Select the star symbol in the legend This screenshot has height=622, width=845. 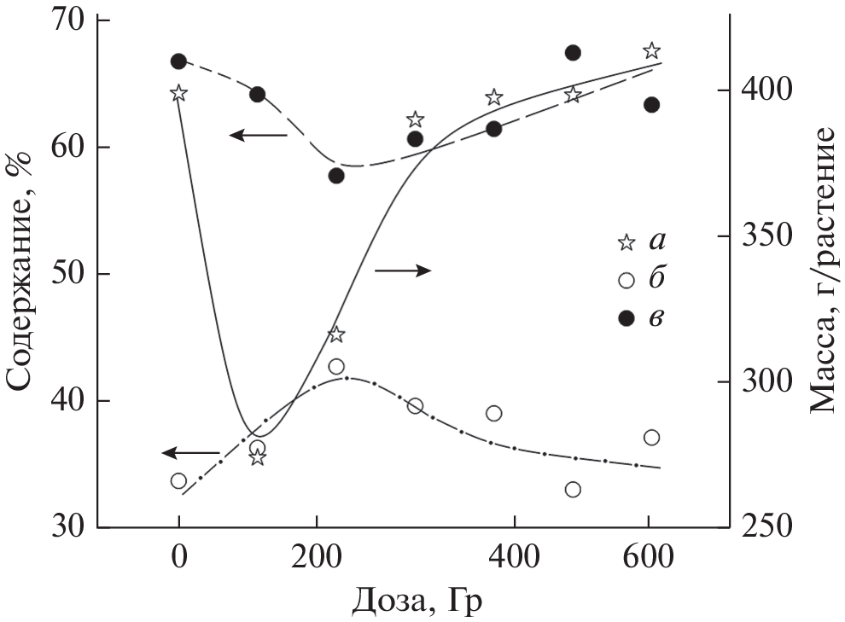(x=626, y=243)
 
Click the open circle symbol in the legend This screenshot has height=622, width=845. (x=626, y=280)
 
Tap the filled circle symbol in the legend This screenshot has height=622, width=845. (x=626, y=317)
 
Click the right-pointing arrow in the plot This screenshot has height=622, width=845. (x=403, y=270)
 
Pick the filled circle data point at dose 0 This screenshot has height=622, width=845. (x=178, y=61)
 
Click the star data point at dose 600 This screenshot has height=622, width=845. (x=651, y=51)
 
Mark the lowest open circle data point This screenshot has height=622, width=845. (x=573, y=490)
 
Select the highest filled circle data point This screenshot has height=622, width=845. (x=573, y=53)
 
